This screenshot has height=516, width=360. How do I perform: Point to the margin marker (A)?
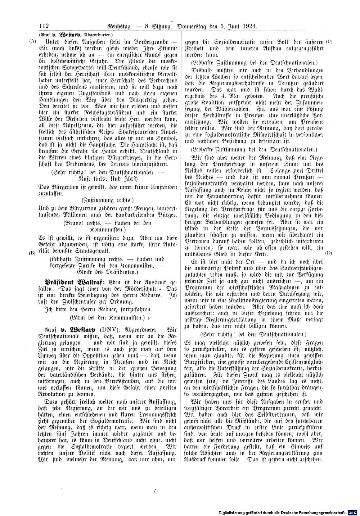pos(33,41)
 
